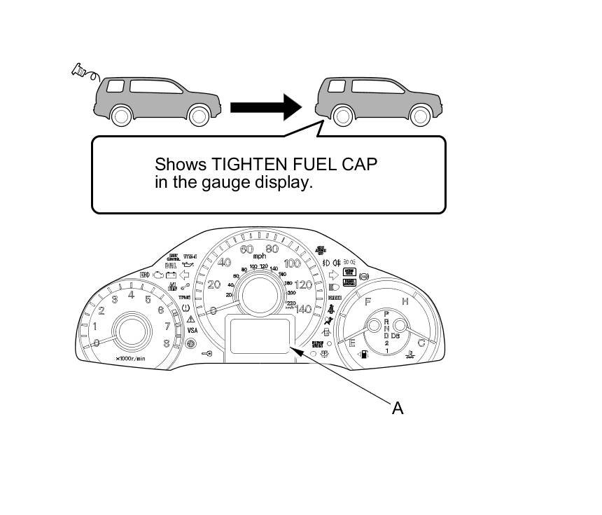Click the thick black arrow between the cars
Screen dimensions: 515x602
[265, 107]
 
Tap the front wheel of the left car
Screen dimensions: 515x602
[122, 115]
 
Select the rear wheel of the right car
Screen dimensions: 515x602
[419, 116]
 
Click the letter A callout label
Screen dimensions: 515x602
[397, 408]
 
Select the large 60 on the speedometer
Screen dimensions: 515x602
[246, 249]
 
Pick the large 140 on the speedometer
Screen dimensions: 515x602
[302, 309]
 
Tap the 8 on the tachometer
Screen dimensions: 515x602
[166, 343]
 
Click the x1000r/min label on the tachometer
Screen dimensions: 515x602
[131, 359]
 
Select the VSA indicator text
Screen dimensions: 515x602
[191, 330]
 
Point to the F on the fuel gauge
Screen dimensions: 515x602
[367, 301]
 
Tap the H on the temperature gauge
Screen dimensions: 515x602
[405, 301]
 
